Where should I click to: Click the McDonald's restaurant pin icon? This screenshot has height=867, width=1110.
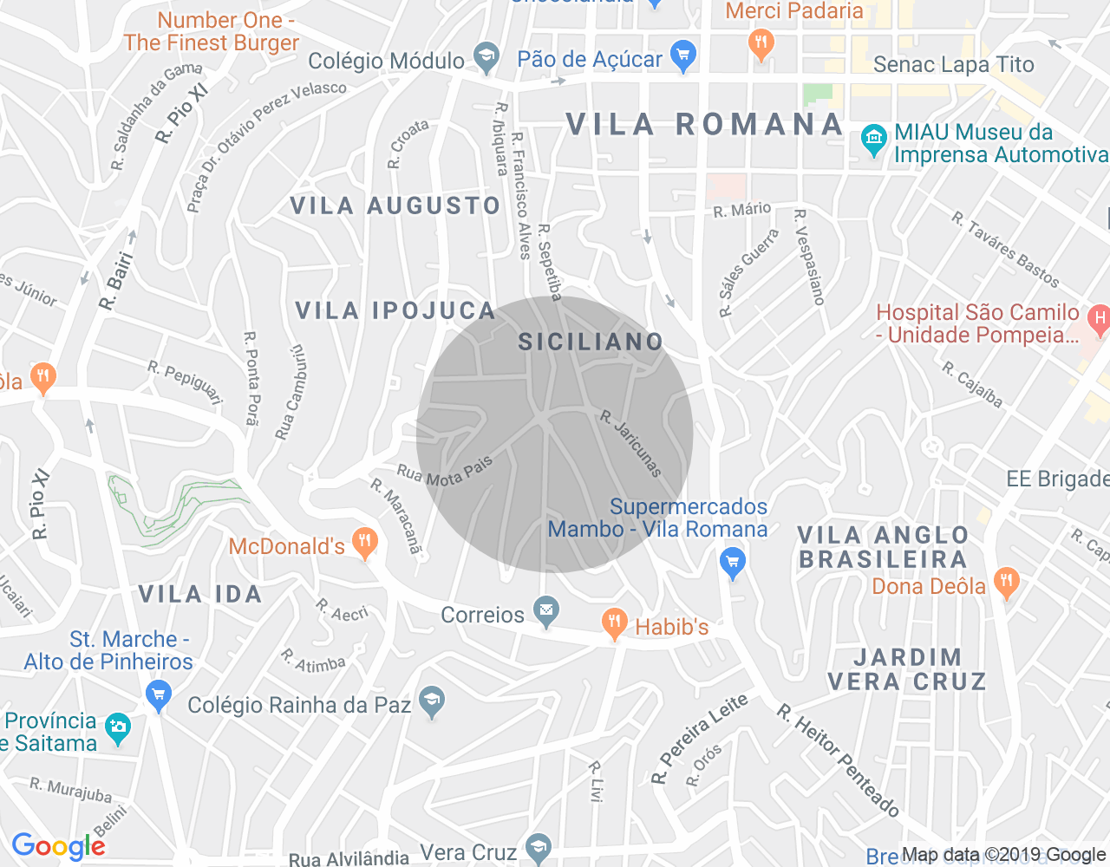click(365, 543)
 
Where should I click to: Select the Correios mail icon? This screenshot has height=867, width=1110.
click(545, 612)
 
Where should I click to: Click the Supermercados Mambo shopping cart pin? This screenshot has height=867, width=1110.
click(733, 564)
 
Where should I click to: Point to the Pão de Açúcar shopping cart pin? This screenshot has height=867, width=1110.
click(683, 56)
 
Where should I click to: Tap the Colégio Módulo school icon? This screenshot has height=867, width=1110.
click(486, 58)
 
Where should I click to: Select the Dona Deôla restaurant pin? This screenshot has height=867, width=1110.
click(1006, 583)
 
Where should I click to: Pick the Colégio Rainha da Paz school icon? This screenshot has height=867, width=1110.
click(431, 701)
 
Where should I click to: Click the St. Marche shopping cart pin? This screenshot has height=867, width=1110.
click(158, 694)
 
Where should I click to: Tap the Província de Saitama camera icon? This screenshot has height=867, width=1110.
click(117, 728)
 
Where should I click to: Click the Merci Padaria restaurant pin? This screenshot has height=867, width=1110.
click(761, 44)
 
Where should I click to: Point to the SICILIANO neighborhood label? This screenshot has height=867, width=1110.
click(591, 342)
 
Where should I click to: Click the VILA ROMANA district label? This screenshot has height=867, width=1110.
click(704, 125)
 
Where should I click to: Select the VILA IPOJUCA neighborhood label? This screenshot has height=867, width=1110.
click(395, 310)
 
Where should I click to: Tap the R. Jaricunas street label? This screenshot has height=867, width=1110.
click(631, 444)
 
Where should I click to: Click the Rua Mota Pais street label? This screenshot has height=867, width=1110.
click(444, 470)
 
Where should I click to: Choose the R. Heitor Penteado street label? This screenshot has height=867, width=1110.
click(837, 760)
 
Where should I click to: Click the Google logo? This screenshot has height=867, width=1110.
click(58, 846)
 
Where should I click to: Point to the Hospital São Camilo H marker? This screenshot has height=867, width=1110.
click(1099, 320)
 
